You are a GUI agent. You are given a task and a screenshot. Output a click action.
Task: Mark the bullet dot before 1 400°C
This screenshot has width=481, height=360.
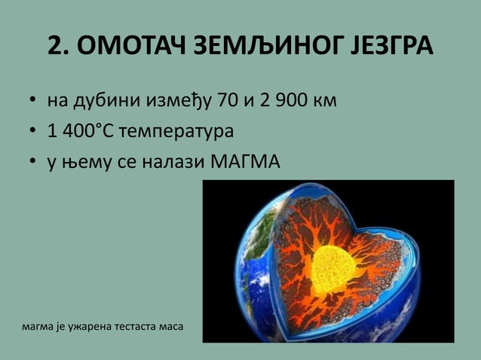[34, 132]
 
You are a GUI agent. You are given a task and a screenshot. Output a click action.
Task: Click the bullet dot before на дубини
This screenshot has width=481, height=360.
[34, 101]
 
